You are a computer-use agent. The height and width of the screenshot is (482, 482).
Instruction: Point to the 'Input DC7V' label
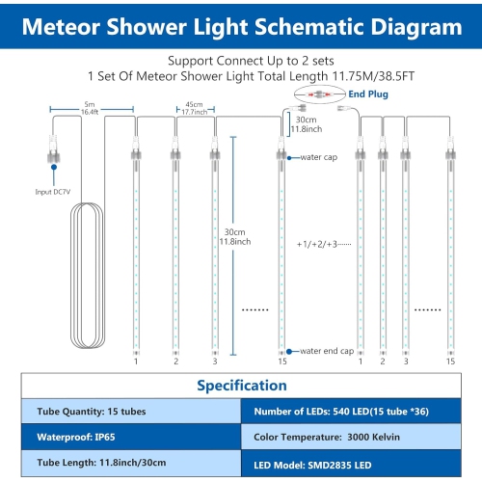point(53,191)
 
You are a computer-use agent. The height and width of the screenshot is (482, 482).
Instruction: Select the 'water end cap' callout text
point(327,352)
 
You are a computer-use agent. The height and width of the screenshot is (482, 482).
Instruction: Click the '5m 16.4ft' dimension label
point(89,108)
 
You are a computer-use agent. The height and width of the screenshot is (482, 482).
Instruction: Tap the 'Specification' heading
point(241,386)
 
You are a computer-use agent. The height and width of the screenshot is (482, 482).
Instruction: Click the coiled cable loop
point(82,280)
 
